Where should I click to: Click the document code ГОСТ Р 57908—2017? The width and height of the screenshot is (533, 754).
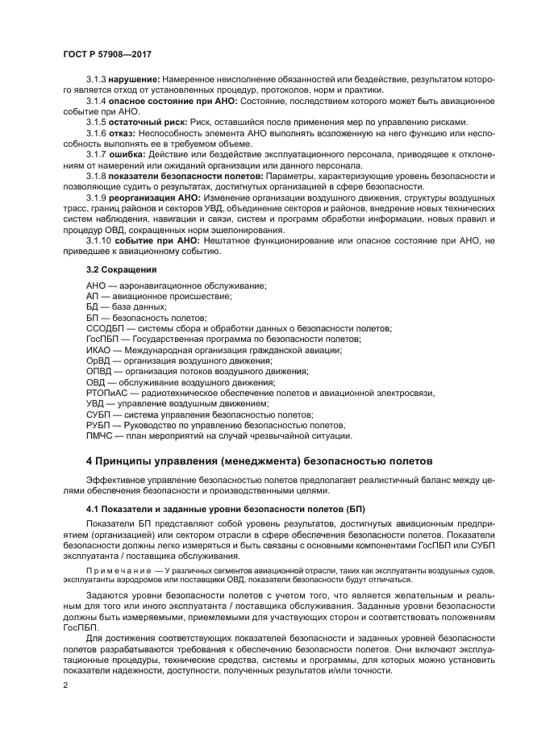click(x=108, y=54)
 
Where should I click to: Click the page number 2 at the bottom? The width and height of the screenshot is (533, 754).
click(x=66, y=685)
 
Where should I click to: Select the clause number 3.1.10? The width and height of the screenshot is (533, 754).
click(x=98, y=240)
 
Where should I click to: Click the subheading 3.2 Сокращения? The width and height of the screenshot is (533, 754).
click(x=121, y=269)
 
